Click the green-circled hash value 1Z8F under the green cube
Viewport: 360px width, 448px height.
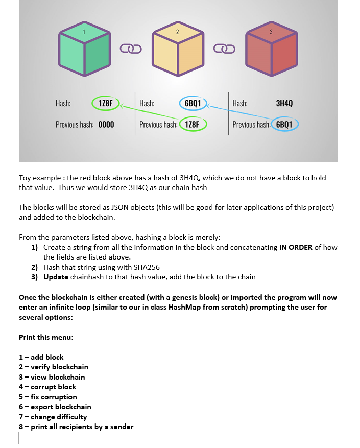coord(106,103)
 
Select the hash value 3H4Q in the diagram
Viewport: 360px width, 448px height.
coord(284,103)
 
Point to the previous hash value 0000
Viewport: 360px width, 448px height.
coord(106,125)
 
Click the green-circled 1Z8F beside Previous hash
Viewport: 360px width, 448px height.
coord(193,125)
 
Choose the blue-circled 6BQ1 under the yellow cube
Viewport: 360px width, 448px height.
coord(193,103)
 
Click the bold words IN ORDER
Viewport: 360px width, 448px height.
coord(296,247)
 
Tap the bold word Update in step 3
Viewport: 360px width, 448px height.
coord(56,277)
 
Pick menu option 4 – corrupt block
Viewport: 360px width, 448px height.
coord(47,387)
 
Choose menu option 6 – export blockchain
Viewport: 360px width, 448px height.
coord(55,407)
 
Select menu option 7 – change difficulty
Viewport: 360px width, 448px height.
coord(53,417)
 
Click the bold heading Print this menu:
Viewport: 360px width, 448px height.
coord(46,337)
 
